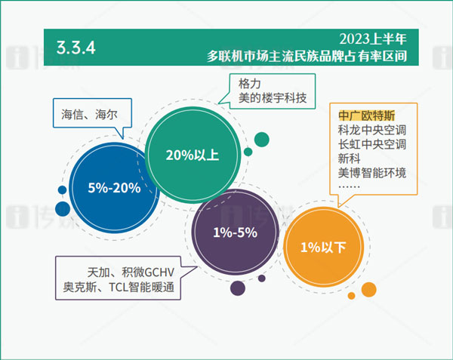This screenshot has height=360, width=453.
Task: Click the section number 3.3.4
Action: pyautogui.click(x=75, y=48)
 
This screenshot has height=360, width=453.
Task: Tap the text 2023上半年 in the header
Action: pyautogui.click(x=373, y=38)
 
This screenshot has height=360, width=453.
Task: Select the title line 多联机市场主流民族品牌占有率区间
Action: pyautogui.click(x=313, y=55)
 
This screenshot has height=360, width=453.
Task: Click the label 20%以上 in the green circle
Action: pyautogui.click(x=192, y=155)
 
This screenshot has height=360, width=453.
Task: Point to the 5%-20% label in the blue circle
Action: pyautogui.click(x=114, y=188)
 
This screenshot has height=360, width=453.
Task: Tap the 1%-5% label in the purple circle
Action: pyautogui.click(x=235, y=232)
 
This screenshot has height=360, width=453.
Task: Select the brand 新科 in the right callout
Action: pyautogui.click(x=349, y=158)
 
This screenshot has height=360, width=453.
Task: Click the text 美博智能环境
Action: pyautogui.click(x=372, y=173)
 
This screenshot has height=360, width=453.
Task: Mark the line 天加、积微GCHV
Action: pyautogui.click(x=131, y=271)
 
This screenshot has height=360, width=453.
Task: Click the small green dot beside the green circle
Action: pyautogui.click(x=262, y=139)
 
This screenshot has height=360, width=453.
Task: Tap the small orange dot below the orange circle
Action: pyautogui.click(x=368, y=289)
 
